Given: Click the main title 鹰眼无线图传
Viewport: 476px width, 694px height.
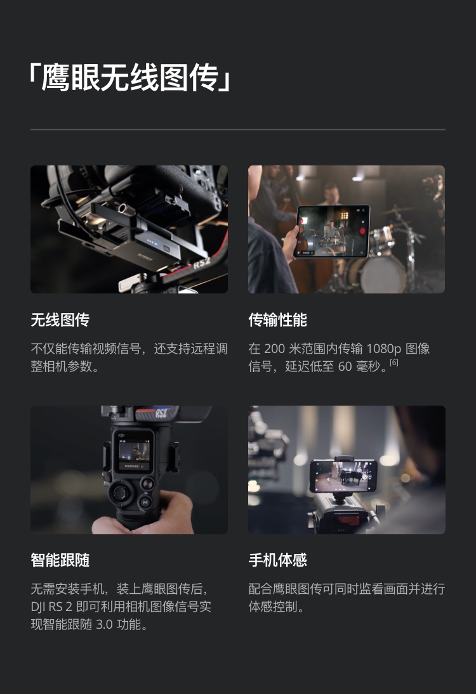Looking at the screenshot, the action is coord(130,77).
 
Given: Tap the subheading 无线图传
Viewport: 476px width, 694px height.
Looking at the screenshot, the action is coord(60,319).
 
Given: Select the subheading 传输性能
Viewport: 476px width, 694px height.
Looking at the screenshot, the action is coord(278,319).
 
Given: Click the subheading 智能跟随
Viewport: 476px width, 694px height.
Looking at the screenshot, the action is coord(60,560).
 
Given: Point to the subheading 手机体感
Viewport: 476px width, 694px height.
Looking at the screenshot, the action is coord(278,560).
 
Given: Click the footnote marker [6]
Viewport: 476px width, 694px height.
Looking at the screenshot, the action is coord(394,363).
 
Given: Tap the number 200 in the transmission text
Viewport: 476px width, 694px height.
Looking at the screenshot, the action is coord(274,349).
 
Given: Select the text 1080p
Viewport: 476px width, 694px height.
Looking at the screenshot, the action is coord(384,349).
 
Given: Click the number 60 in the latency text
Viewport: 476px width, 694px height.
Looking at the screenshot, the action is coord(345,366).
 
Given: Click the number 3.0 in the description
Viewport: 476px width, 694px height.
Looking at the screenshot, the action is coord(104,624).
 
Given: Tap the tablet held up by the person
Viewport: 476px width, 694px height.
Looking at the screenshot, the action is coord(332,231).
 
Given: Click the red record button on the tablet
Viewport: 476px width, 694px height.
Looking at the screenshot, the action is coord(362,231).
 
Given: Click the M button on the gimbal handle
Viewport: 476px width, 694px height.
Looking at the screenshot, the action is coord(145,503).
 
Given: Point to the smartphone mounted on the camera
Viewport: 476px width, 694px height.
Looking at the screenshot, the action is coord(343,476).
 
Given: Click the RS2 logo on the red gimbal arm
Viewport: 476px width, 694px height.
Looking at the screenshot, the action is coord(202,263).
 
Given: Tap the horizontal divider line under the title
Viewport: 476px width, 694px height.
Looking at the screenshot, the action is coord(238,130).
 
